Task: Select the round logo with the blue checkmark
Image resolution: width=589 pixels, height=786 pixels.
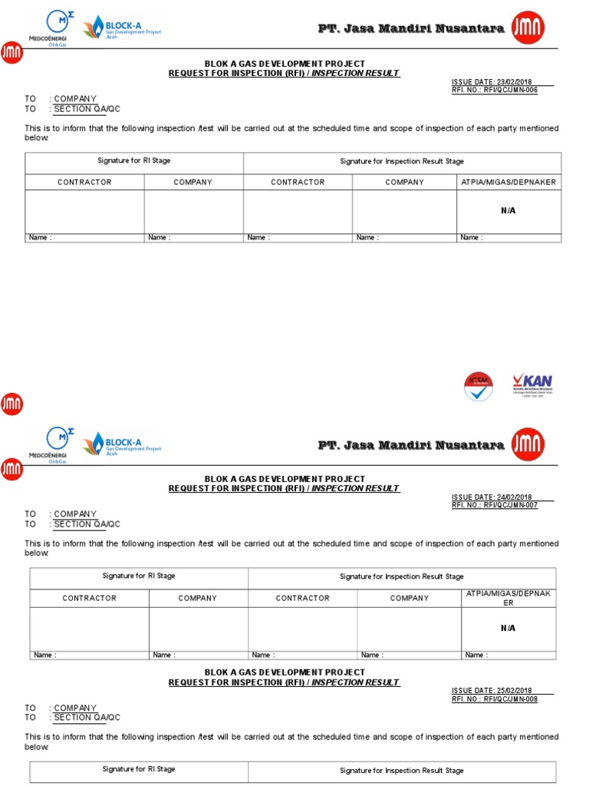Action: click(x=479, y=387)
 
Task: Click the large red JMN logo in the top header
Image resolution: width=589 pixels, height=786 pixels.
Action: click(x=528, y=28)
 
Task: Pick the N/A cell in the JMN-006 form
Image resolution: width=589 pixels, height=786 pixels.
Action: click(x=508, y=210)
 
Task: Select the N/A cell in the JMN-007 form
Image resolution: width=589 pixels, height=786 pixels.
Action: click(x=508, y=628)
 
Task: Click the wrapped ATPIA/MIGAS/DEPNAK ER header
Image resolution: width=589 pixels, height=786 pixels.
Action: click(x=508, y=598)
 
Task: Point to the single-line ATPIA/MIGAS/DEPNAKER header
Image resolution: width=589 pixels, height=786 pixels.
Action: click(x=508, y=182)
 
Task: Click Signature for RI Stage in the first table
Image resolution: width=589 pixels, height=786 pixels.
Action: click(x=134, y=161)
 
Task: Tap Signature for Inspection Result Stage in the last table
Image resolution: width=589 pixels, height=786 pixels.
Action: click(x=402, y=770)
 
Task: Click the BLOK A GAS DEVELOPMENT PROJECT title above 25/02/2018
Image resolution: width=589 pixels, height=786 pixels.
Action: click(x=285, y=672)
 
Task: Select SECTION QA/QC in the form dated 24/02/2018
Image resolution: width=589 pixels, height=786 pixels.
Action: click(x=87, y=524)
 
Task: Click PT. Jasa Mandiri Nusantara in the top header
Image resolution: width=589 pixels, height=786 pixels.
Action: click(x=411, y=28)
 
